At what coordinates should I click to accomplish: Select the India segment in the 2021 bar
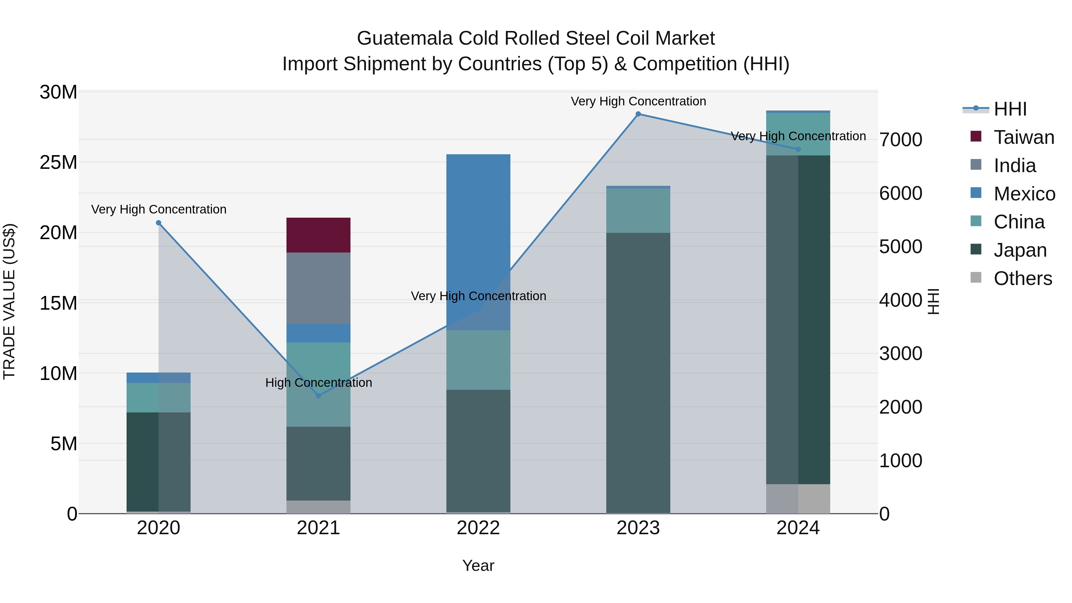318,288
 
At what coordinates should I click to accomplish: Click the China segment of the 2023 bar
638,210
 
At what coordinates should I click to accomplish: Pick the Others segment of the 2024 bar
798,498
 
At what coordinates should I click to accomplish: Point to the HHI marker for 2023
638,114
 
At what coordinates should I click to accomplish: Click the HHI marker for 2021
318,396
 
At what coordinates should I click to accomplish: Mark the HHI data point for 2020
158,223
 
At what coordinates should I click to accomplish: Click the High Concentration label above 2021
318,382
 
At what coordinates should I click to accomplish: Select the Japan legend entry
1020,250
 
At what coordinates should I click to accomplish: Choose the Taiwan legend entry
1024,137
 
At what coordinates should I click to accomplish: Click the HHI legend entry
1010,109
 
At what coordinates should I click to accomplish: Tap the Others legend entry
1023,278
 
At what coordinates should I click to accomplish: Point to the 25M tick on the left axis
58,162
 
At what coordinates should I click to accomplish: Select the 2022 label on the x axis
478,528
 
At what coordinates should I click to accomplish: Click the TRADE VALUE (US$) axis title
9,301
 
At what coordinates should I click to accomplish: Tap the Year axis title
478,565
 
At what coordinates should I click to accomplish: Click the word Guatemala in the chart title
404,38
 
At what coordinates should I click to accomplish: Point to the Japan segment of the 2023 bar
638,373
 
